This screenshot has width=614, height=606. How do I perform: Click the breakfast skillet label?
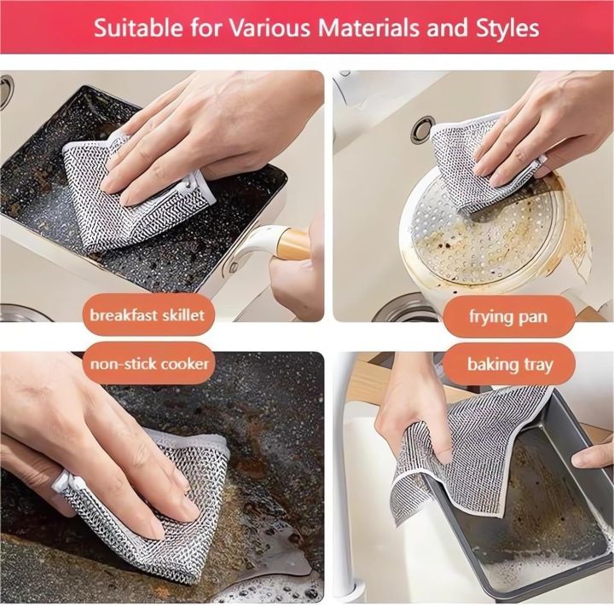click(146, 315)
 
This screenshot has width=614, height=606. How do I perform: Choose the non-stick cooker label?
click(149, 364)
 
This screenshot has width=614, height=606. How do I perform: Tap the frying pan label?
click(508, 317)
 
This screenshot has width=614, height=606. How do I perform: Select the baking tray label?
click(510, 365)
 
